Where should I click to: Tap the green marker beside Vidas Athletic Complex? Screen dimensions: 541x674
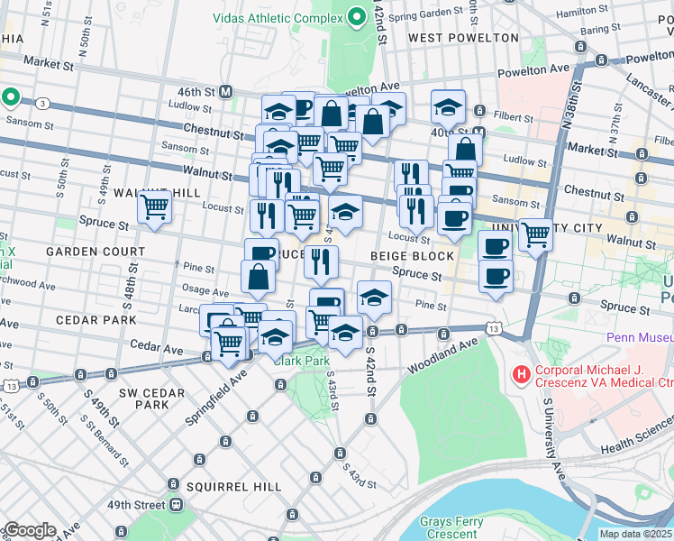click(358, 17)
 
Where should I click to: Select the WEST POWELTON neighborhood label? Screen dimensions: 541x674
click(463, 38)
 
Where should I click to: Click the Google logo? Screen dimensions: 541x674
click(29, 530)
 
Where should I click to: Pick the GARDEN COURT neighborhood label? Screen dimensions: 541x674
click(96, 252)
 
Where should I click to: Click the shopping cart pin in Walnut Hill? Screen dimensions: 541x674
click(155, 207)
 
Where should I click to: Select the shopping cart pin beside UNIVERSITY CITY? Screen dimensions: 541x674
click(535, 234)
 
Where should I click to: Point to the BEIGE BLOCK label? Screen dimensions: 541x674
click(412, 256)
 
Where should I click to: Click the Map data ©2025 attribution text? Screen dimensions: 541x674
click(636, 534)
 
